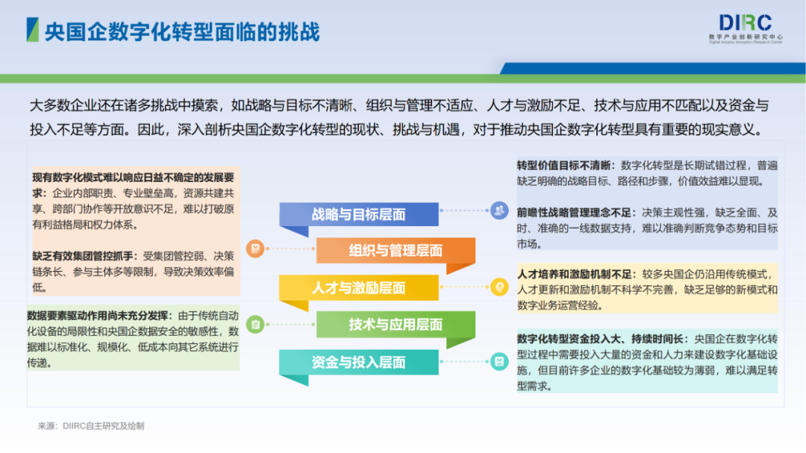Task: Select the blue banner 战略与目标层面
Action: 358,215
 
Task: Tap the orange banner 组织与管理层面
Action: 396,251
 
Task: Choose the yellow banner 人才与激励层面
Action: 358,288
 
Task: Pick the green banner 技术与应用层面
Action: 396,325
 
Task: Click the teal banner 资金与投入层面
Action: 358,363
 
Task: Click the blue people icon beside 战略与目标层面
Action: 499,211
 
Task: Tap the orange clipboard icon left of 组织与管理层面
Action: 255,248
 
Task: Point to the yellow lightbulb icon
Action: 499,286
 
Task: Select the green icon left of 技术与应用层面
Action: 255,324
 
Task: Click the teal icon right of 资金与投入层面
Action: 499,362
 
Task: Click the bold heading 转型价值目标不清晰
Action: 565,165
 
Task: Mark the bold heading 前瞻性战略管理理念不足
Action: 574,212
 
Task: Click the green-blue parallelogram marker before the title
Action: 32,31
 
